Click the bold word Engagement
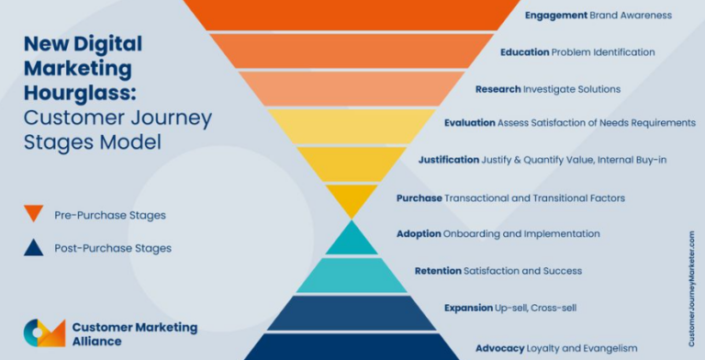click(x=555, y=16)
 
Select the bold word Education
click(x=524, y=52)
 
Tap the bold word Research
click(x=498, y=89)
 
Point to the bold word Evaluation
click(x=469, y=123)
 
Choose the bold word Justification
click(x=449, y=160)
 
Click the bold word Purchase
click(x=419, y=197)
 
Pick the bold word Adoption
click(x=420, y=234)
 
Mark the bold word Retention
click(x=438, y=271)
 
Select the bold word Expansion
click(x=469, y=308)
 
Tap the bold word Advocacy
click(x=499, y=348)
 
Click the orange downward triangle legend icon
click(x=33, y=213)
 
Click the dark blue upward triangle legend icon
click(x=33, y=247)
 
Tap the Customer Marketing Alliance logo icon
click(x=43, y=332)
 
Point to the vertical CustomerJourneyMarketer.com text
click(x=691, y=276)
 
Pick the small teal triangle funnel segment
click(x=352, y=240)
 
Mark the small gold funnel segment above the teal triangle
click(x=352, y=198)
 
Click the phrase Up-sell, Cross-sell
click(x=535, y=308)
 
